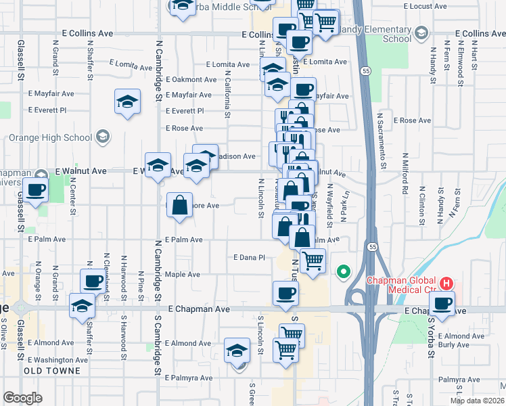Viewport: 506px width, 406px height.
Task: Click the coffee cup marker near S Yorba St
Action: click(x=442, y=303)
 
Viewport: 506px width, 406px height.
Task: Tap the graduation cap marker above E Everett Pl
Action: click(x=127, y=102)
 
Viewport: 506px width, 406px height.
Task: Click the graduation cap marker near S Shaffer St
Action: click(x=82, y=305)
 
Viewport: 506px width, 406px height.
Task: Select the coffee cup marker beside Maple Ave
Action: click(x=93, y=281)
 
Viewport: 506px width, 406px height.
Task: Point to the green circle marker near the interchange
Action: click(x=343, y=273)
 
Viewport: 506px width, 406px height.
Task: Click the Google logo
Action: click(x=22, y=398)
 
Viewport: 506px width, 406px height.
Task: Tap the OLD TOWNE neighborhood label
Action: click(x=52, y=371)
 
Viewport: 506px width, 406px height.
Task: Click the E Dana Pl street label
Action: click(x=248, y=258)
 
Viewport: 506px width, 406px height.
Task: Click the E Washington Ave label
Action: click(x=58, y=360)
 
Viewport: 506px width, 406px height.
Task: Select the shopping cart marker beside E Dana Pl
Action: click(x=313, y=260)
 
